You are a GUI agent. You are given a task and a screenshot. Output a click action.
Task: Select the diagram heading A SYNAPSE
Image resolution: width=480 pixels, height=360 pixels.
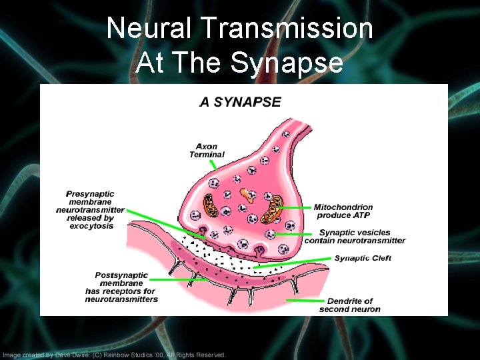(x=240, y=102)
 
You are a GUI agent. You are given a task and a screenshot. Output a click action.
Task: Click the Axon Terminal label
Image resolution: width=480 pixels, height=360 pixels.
(x=207, y=151)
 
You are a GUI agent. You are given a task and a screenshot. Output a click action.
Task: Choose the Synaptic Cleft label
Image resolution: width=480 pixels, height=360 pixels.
(x=363, y=258)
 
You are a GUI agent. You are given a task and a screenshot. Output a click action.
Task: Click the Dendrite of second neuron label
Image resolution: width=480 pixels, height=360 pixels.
(x=350, y=305)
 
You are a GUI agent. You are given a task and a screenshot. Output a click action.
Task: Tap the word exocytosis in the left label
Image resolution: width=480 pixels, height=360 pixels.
(x=91, y=226)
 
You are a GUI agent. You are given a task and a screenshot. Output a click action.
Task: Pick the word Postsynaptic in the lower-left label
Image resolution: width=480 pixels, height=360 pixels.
(x=121, y=275)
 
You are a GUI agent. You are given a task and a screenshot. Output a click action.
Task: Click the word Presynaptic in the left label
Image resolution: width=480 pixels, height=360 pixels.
(x=90, y=194)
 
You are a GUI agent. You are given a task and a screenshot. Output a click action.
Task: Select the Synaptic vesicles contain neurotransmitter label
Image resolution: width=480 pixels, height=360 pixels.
(x=355, y=237)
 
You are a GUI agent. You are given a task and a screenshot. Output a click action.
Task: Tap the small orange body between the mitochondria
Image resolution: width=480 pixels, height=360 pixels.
(x=247, y=195)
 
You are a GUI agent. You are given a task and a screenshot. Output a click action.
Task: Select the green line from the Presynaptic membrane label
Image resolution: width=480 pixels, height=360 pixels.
(x=160, y=219)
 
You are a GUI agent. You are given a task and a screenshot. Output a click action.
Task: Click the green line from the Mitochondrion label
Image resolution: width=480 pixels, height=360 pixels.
(x=293, y=208)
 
